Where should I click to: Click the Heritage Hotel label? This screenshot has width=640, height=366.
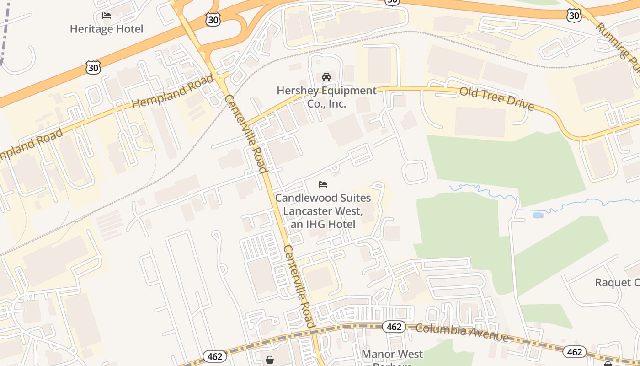107,29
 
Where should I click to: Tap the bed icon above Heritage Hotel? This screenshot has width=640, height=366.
107,16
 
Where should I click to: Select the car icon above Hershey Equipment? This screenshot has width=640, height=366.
326,76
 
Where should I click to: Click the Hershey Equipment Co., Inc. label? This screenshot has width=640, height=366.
326,97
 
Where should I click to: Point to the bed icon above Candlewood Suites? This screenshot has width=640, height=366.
323,184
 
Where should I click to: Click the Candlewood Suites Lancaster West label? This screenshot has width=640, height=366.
323,211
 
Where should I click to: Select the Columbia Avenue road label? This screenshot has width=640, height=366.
462,333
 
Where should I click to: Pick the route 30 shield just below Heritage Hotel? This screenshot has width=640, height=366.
93,68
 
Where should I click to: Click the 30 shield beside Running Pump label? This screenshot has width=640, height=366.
574,16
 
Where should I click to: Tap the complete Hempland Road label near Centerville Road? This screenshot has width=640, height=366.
173,91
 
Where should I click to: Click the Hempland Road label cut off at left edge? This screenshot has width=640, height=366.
30,145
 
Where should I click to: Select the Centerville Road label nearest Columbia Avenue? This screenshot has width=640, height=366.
299,286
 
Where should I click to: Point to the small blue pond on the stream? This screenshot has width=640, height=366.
538,215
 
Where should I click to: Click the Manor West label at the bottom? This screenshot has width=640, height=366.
392,354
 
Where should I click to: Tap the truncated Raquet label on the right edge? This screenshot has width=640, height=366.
617,282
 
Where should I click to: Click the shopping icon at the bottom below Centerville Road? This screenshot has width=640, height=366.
270,360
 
